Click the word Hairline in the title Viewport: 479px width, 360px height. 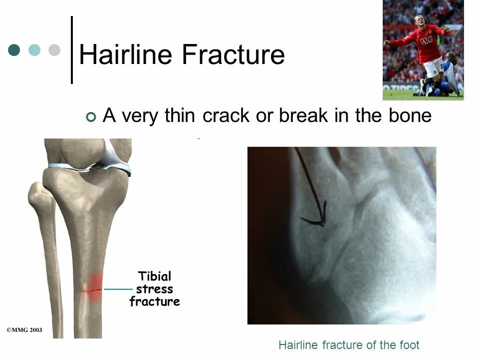126,54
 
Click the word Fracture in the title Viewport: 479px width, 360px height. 234,54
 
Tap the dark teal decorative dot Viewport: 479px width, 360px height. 14,50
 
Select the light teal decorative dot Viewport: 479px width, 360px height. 34,50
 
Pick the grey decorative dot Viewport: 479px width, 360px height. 54,50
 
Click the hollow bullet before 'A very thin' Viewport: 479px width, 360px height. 91,116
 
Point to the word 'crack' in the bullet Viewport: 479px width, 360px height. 226,115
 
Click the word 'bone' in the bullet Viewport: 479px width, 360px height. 410,115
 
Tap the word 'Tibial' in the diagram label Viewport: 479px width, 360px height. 155,276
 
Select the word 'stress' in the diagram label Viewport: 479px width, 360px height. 155,289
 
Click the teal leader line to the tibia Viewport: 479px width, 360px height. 118,289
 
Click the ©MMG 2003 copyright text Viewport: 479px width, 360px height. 24,330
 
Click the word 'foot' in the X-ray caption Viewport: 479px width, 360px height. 409,345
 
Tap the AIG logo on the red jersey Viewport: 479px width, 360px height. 427,40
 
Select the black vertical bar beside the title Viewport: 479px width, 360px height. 72,50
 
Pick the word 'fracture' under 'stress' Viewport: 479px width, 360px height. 155,301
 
